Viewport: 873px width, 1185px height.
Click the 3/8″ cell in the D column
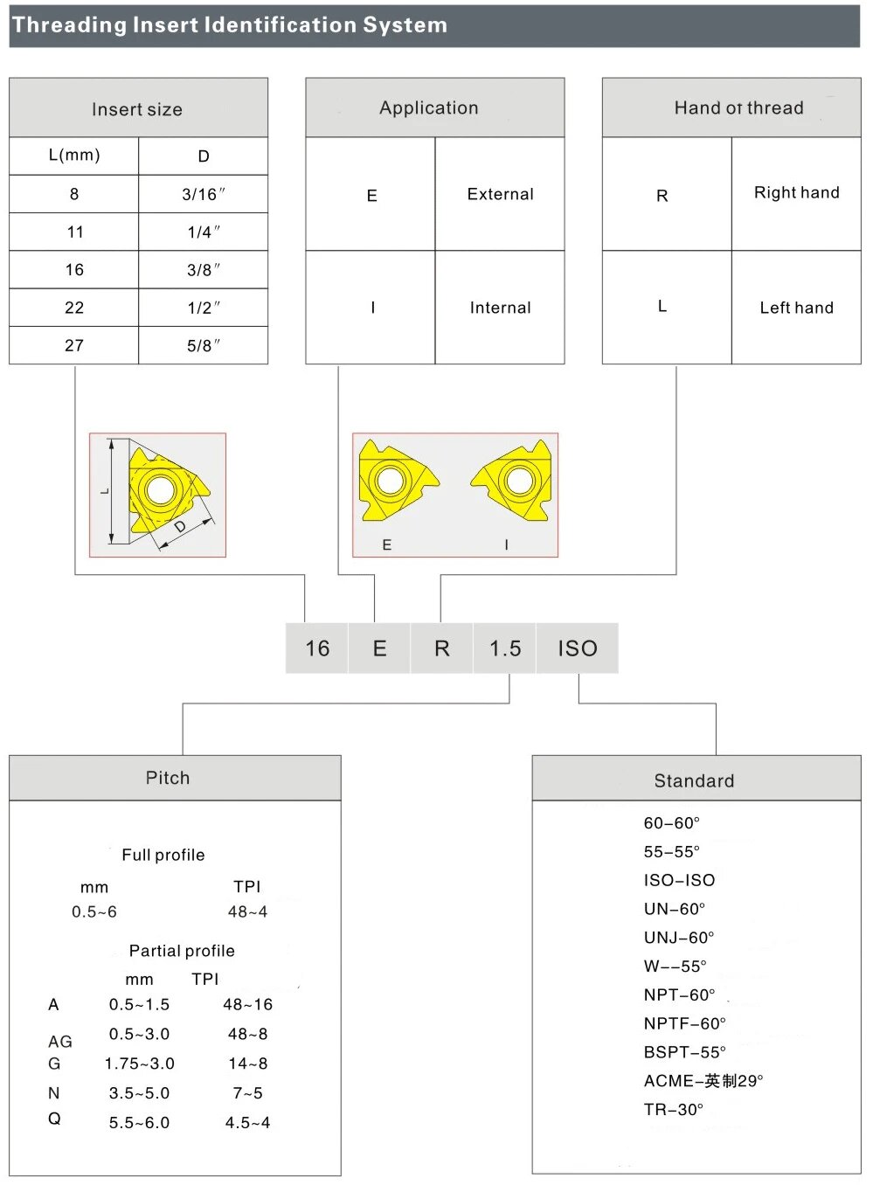(x=204, y=270)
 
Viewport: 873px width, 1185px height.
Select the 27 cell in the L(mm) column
(x=74, y=345)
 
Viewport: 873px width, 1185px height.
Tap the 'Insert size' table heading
(x=137, y=109)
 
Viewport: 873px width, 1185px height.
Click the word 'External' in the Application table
(x=500, y=194)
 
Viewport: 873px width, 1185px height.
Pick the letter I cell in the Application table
(x=372, y=308)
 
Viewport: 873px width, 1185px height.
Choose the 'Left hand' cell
(x=796, y=308)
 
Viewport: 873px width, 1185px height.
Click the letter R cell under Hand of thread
(x=662, y=196)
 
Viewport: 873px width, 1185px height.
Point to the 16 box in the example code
(x=317, y=648)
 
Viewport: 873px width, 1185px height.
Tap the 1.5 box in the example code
(x=505, y=648)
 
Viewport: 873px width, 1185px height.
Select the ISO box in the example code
(x=578, y=648)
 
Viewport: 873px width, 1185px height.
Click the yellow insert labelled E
(x=393, y=483)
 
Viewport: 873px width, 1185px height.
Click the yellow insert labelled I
(x=516, y=482)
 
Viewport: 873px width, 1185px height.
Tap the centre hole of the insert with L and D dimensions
(x=160, y=489)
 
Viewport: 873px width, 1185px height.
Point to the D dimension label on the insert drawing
(x=180, y=527)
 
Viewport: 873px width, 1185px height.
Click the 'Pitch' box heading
(x=168, y=778)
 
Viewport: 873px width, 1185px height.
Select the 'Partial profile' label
(x=182, y=951)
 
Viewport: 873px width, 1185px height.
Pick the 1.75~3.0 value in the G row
(x=140, y=1064)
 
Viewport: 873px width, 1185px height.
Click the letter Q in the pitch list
(x=54, y=1119)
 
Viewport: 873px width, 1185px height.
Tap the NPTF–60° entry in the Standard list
(x=685, y=1023)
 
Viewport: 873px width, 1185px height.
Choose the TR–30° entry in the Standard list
(x=674, y=1110)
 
